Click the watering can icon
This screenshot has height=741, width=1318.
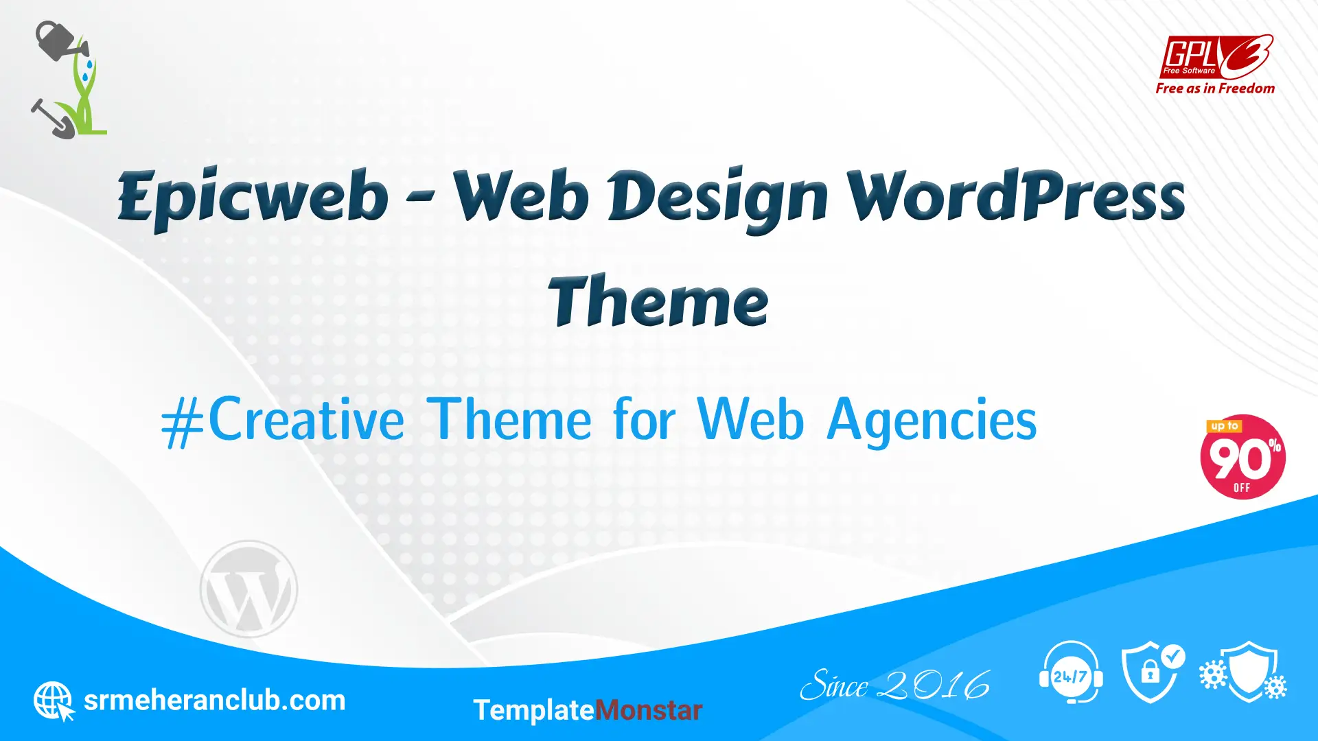(60, 41)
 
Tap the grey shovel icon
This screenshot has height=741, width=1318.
(51, 118)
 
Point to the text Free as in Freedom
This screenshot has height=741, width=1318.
(1215, 89)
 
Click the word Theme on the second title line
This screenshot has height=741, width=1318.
(658, 301)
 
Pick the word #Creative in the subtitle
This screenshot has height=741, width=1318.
(283, 420)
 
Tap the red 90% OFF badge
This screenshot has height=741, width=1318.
(1242, 457)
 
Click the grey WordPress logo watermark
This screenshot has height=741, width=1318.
(248, 589)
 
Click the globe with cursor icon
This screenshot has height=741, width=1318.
(54, 701)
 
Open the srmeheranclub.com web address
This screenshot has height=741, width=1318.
(214, 701)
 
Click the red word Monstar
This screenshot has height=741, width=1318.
(648, 710)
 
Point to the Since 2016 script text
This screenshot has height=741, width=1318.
(895, 685)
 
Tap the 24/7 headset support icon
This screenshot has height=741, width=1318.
(1071, 673)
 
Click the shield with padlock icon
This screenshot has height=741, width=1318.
(1153, 672)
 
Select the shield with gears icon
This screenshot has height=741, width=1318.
(1243, 672)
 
